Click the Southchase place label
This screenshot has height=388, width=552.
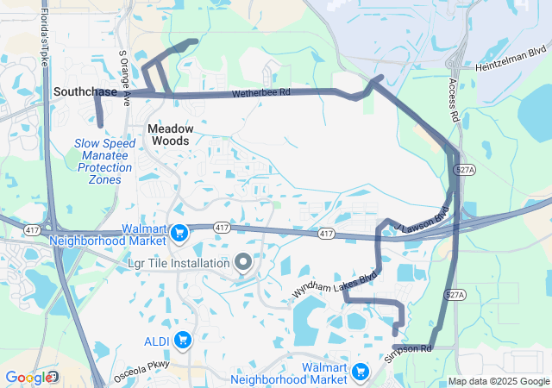point(85,91)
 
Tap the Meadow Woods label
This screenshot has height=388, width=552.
point(170,134)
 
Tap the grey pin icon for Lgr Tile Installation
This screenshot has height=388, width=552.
point(243,261)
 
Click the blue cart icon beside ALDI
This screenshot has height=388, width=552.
point(182,341)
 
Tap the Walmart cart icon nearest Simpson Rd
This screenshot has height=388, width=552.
point(361,372)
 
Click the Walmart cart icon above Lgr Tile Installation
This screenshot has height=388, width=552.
point(179,233)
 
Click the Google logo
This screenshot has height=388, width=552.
point(28,378)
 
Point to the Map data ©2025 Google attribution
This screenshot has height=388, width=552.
point(499,382)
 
